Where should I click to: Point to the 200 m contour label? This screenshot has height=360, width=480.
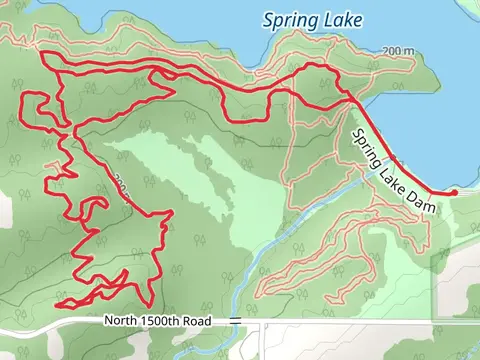pos(397,50)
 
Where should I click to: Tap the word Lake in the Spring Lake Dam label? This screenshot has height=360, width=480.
pos(390,177)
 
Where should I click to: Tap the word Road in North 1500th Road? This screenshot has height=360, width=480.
pos(207,320)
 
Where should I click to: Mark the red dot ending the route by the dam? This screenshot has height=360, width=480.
pos(454,192)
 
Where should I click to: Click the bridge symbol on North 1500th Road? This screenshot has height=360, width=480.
pos(234,320)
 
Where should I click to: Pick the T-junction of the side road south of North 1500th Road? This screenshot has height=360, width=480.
pos(263,325)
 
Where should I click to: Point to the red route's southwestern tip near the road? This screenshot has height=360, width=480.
pos(58,302)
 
